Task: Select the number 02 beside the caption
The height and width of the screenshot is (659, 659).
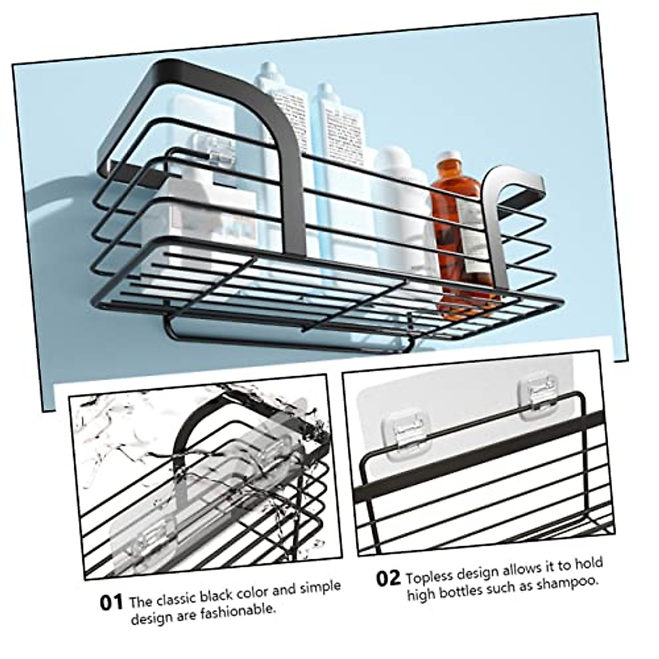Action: (x=389, y=579)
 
